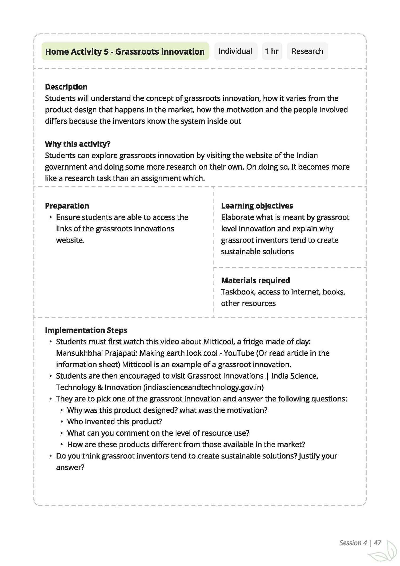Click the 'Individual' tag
tap(235, 51)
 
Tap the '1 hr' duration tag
tap(271, 51)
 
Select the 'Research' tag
tap(307, 51)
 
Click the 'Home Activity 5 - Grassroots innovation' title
tap(125, 51)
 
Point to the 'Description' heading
tap(66, 87)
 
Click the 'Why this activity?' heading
tap(78, 144)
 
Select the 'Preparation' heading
tap(67, 206)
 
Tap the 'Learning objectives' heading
tap(257, 206)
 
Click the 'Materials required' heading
tap(255, 280)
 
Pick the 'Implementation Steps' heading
tap(86, 330)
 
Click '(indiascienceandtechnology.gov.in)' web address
tap(203, 387)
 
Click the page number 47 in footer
tap(377, 543)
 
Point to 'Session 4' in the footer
tap(353, 543)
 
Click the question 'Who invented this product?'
tap(114, 422)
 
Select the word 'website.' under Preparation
tap(70, 240)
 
